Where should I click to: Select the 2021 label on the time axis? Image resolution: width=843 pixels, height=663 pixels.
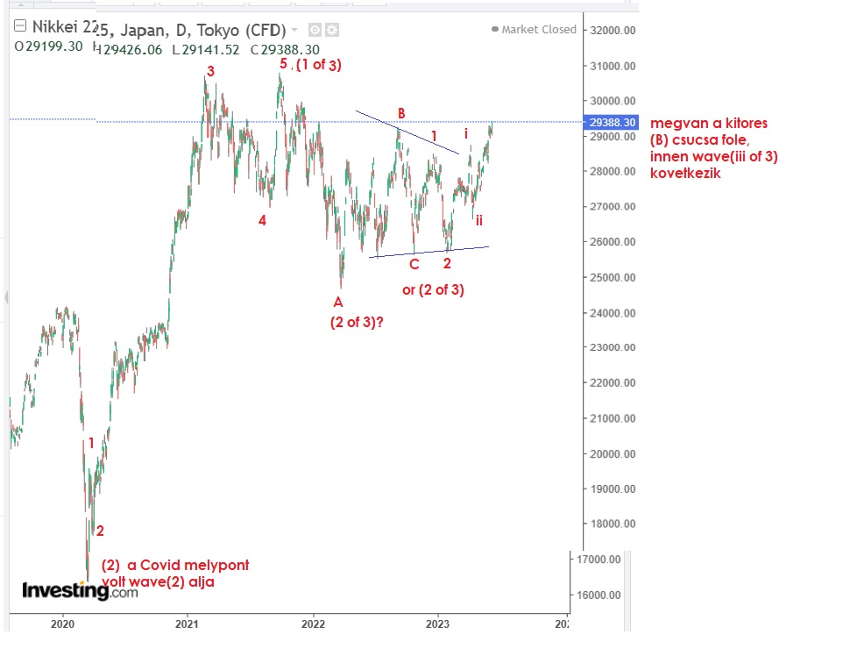tap(186, 624)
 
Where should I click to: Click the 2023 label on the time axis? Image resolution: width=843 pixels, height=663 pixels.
tap(438, 624)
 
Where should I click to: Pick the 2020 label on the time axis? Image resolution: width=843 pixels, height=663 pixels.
tap(62, 624)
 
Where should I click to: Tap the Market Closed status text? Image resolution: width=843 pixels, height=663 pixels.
tap(539, 29)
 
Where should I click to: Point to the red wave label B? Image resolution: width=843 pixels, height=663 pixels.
tap(401, 112)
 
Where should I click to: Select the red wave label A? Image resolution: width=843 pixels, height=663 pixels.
tap(338, 302)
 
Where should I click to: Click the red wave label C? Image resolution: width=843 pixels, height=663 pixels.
tap(414, 263)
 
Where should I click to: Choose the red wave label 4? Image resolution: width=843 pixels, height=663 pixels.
tap(262, 221)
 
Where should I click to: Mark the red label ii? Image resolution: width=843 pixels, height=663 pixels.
tap(479, 220)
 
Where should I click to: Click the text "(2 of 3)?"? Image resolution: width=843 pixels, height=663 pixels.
tap(357, 322)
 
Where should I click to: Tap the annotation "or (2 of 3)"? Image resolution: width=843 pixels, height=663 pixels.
tap(433, 289)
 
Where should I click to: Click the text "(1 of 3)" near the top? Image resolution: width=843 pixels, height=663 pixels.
tap(318, 64)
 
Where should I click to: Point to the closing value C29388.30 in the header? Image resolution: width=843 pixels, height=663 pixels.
tap(287, 50)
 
